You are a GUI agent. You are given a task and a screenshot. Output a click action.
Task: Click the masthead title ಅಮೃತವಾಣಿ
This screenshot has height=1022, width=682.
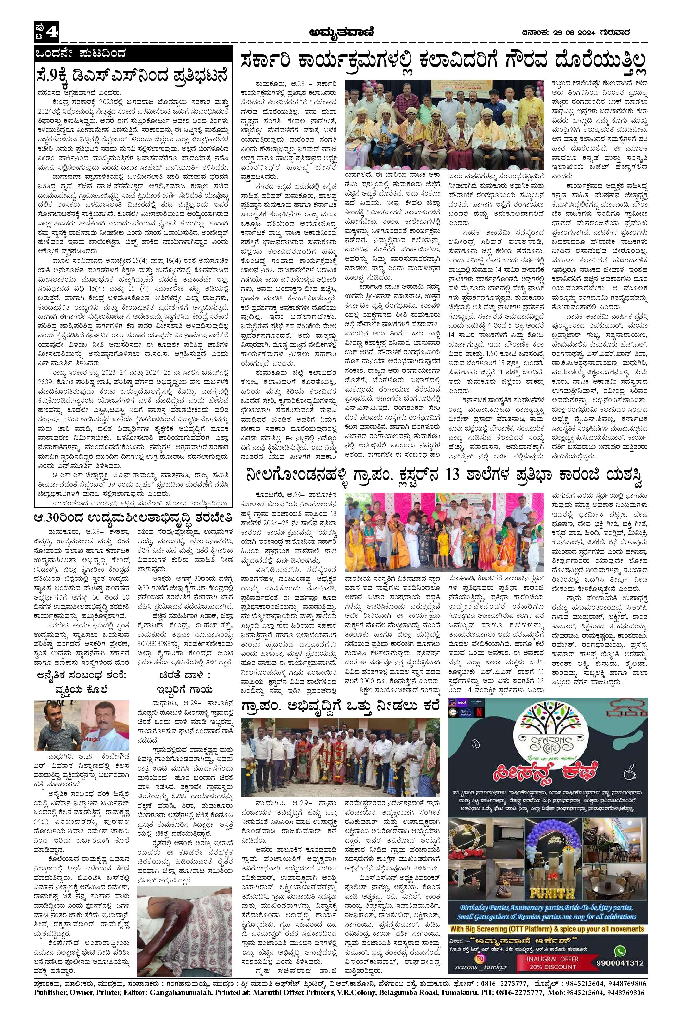point(341,32)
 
